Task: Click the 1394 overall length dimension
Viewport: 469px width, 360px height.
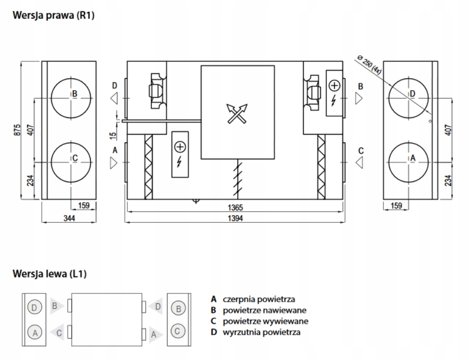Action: click(x=235, y=218)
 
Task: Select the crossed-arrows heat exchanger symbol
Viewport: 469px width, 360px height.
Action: click(x=236, y=113)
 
